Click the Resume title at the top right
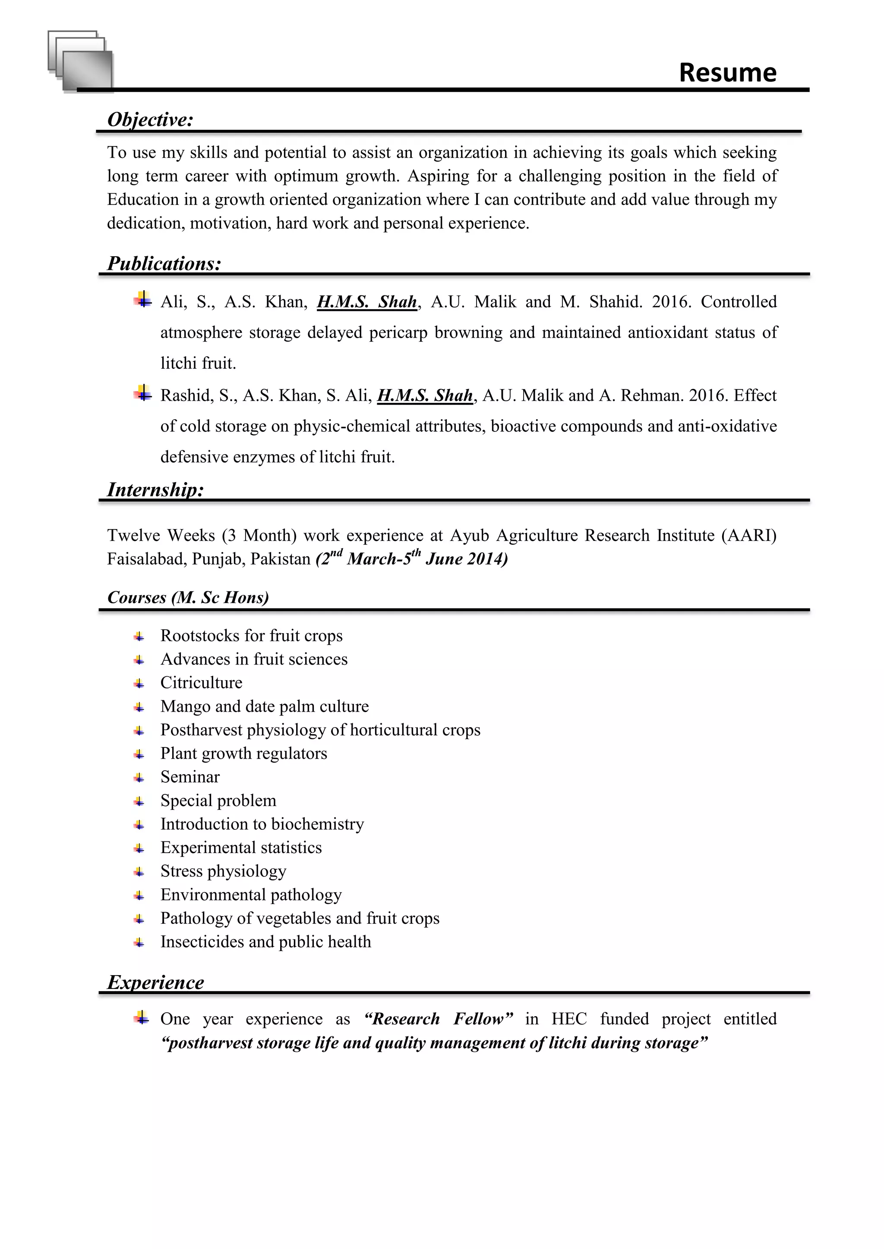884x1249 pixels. pyautogui.click(x=727, y=72)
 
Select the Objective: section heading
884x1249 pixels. pyautogui.click(x=150, y=119)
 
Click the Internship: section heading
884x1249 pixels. pyautogui.click(x=155, y=489)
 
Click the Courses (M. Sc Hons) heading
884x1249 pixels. pyautogui.click(x=188, y=597)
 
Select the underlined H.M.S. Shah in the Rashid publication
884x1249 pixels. pyautogui.click(x=425, y=395)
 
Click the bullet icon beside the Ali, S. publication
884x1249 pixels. pyautogui.click(x=142, y=300)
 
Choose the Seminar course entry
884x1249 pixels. pyautogui.click(x=190, y=777)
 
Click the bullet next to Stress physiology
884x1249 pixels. pyautogui.click(x=139, y=872)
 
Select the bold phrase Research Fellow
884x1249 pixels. pyautogui.click(x=439, y=1019)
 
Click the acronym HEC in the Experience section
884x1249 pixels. pyautogui.click(x=568, y=1019)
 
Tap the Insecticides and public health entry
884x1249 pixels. pyautogui.click(x=265, y=941)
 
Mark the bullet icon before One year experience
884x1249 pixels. pyautogui.click(x=142, y=1017)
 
